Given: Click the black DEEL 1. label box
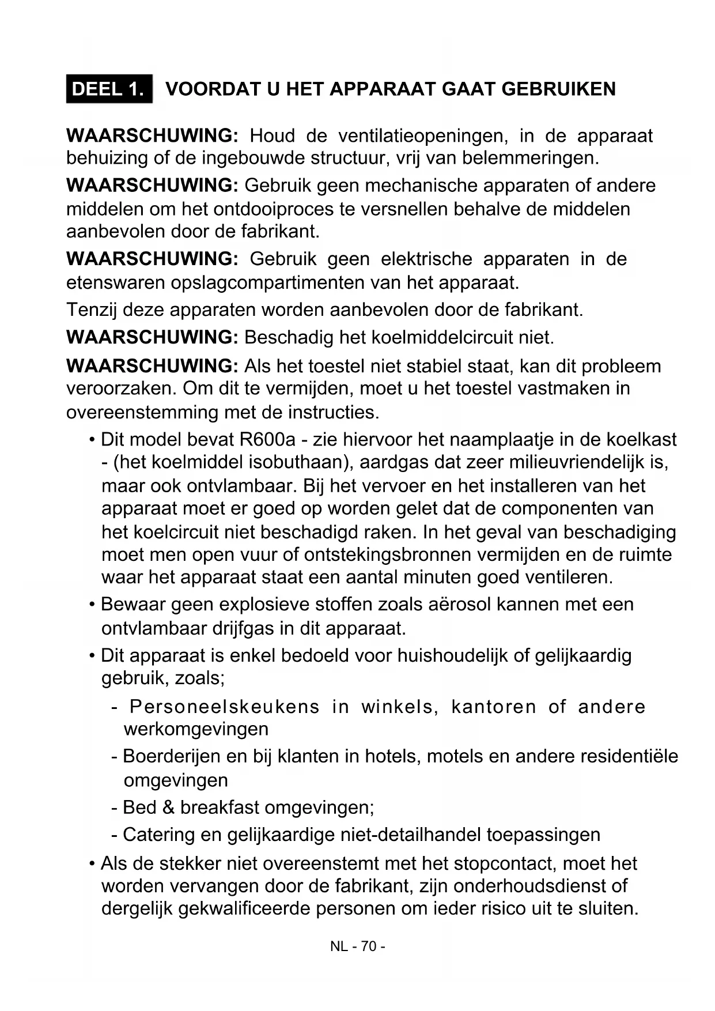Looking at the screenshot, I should (109, 89).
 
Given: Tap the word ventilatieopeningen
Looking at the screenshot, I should (421, 136).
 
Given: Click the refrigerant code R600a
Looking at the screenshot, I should (267, 440).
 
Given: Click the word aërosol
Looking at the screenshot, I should (459, 605).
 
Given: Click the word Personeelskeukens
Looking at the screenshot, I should (224, 707).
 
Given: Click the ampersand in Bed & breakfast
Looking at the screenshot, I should (168, 808).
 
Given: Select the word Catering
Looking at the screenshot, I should (159, 835).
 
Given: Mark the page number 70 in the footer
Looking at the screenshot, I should (369, 947).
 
